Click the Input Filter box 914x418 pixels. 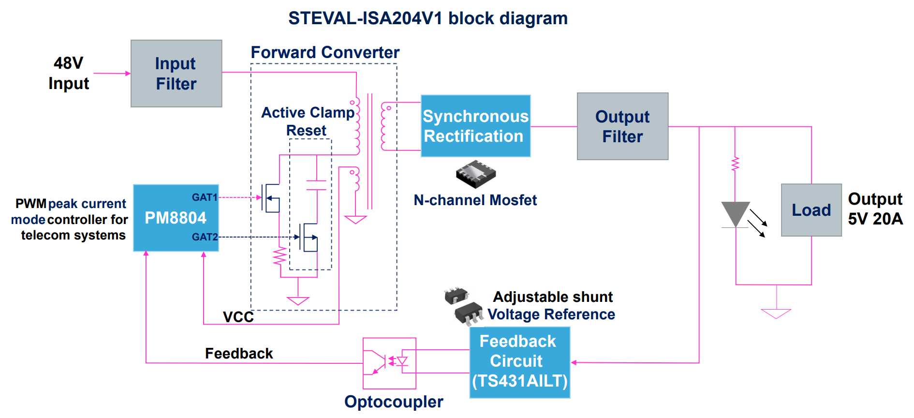(x=176, y=74)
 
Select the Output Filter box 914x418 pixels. (x=622, y=126)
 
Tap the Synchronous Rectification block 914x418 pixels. (x=475, y=126)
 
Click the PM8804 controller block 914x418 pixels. (x=176, y=218)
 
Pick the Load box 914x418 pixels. (x=811, y=210)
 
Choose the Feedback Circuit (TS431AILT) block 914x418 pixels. (x=519, y=362)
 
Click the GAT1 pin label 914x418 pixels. (x=205, y=197)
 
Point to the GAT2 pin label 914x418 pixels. (x=205, y=237)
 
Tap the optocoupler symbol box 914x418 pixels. (x=389, y=363)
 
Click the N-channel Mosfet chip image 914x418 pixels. (x=476, y=174)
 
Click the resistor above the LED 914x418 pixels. (x=735, y=164)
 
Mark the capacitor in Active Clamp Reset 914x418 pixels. (x=316, y=185)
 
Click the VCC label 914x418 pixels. (x=238, y=317)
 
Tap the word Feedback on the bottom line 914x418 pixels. (x=239, y=353)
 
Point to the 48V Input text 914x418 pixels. (x=69, y=73)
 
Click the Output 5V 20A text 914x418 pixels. (x=875, y=209)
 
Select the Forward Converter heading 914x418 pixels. (x=325, y=52)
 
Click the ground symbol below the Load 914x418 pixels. (x=776, y=313)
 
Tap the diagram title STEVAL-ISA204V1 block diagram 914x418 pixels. (x=428, y=18)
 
